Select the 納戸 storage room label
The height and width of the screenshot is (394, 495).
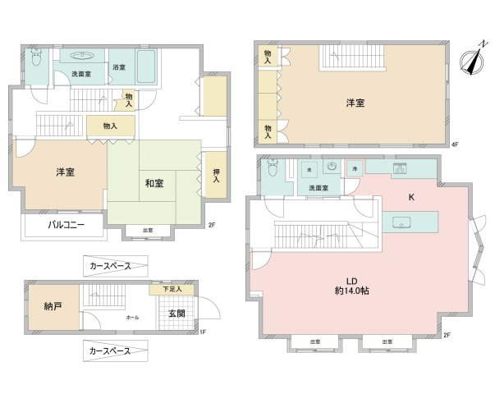[x=53, y=307]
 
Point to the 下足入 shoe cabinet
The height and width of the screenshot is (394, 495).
[x=172, y=289]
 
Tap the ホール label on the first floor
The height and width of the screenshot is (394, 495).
[x=132, y=317]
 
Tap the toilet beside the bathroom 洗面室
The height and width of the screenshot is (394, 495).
[x=35, y=60]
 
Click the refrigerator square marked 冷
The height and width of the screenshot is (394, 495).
[x=354, y=167]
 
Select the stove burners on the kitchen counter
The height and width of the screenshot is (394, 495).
[x=401, y=169]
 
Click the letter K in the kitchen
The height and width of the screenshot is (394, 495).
[x=411, y=197]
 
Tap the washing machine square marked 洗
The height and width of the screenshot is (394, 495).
[x=309, y=169]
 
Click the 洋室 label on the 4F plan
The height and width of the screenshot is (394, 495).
[x=355, y=103]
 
